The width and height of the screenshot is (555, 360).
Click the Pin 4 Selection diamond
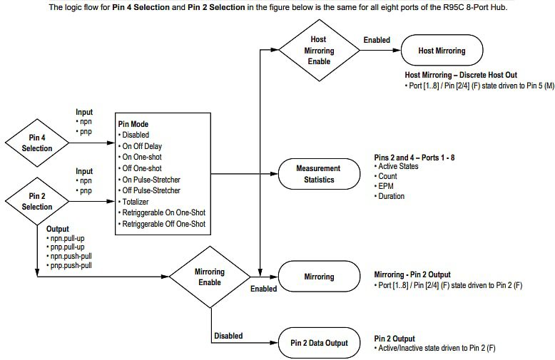(37, 143)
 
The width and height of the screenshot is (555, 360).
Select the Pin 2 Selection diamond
(37, 201)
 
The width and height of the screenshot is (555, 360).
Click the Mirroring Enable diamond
(210, 277)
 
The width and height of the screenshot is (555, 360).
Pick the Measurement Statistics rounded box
(319, 174)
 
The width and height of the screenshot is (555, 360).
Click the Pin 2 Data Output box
(319, 343)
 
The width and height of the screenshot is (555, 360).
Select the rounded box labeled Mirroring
(319, 277)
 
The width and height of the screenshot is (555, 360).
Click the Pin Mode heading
(133, 123)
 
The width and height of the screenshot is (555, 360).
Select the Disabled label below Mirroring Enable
(228, 336)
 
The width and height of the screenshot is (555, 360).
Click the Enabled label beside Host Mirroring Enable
(377, 40)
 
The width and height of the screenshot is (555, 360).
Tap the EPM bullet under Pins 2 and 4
(387, 186)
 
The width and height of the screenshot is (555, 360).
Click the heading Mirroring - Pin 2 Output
(412, 274)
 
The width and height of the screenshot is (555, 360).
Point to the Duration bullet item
(391, 196)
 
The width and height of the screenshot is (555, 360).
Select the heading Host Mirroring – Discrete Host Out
(461, 75)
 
